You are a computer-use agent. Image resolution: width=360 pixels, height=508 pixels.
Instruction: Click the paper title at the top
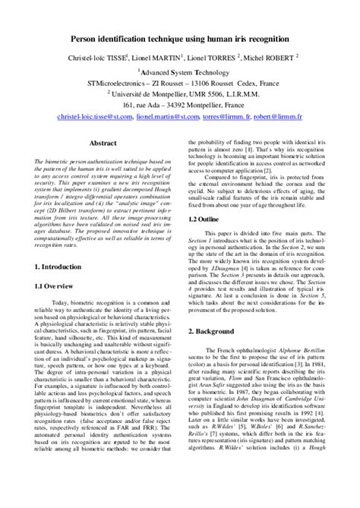pos(180,37)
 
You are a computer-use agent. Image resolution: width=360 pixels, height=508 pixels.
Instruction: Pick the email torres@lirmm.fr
pos(223,118)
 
